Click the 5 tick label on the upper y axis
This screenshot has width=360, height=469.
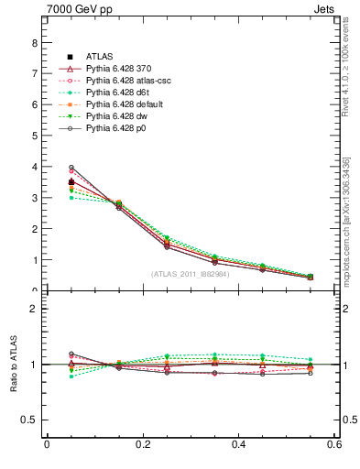[x=34, y=136]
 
